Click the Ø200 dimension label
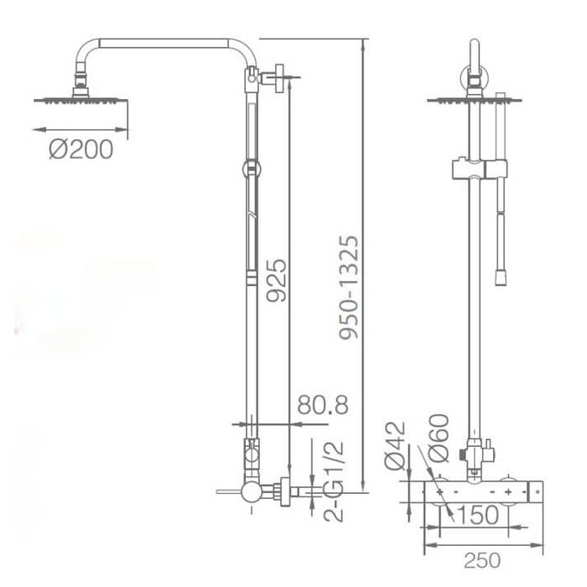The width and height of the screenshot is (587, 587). point(80,150)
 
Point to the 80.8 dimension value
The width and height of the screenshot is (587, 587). point(322,406)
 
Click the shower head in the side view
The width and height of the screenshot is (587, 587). point(81,98)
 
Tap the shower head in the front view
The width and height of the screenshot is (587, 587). point(474,100)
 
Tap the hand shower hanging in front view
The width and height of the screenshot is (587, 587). point(502,226)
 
